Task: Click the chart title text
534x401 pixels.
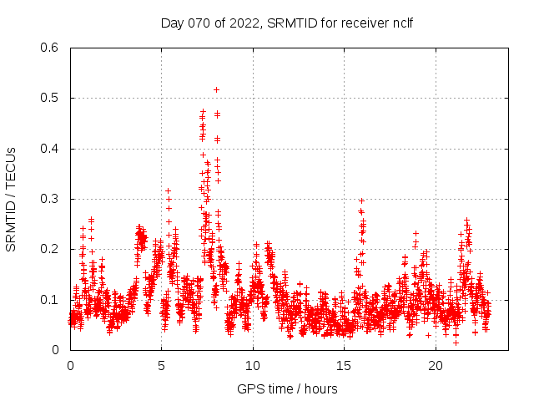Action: (x=286, y=23)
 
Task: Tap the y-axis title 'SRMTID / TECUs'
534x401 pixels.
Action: (x=12, y=199)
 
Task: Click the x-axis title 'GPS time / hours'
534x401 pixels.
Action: (x=287, y=388)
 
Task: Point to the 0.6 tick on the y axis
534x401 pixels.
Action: (x=51, y=48)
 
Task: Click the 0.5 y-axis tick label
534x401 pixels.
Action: (x=51, y=99)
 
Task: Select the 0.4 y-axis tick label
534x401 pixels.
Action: (x=51, y=149)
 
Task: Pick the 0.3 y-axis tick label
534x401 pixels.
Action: (x=51, y=199)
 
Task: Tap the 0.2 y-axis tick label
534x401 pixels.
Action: (x=51, y=249)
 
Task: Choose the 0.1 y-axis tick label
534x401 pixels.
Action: (x=51, y=299)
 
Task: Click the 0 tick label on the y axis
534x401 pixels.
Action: (x=57, y=350)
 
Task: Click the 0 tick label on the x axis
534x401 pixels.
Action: (x=70, y=365)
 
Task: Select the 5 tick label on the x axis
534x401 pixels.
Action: (x=161, y=365)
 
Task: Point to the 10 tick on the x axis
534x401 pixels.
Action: (x=253, y=365)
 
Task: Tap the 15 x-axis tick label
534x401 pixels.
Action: (x=344, y=365)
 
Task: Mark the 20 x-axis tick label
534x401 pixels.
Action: (x=436, y=365)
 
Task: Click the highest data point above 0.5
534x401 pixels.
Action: (x=216, y=89)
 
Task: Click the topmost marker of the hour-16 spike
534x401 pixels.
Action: (x=361, y=200)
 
